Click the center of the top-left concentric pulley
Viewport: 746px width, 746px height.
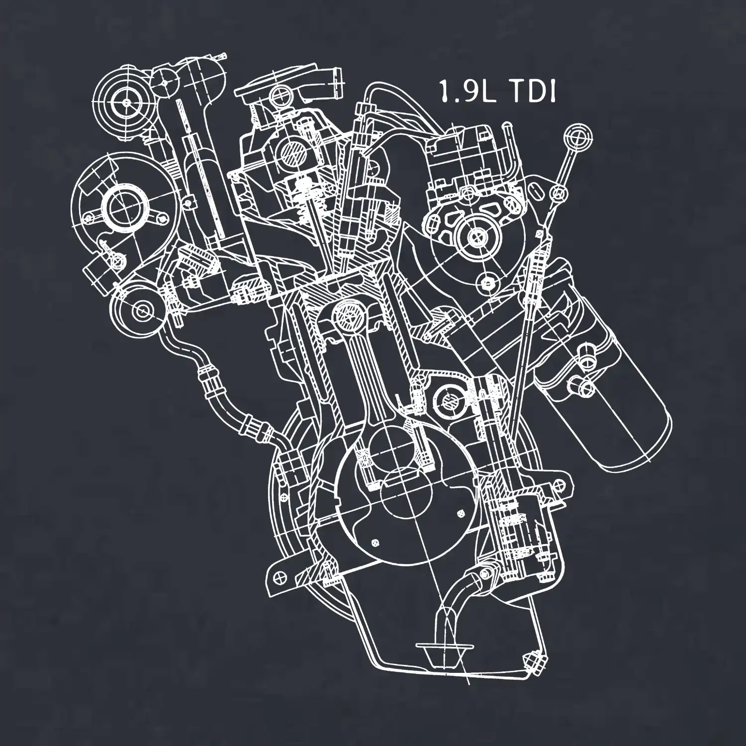(127, 102)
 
